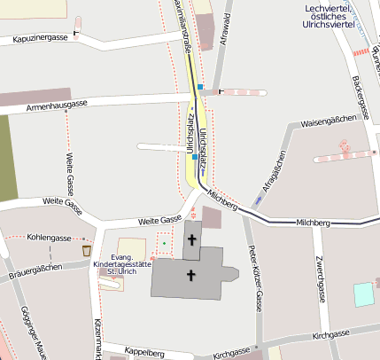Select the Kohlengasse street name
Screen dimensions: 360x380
pyautogui.click(x=49, y=239)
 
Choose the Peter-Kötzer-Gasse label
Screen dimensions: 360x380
pyautogui.click(x=254, y=278)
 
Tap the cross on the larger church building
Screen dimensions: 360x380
pyautogui.click(x=190, y=277)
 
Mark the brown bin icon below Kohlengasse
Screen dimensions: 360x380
pyautogui.click(x=86, y=252)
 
